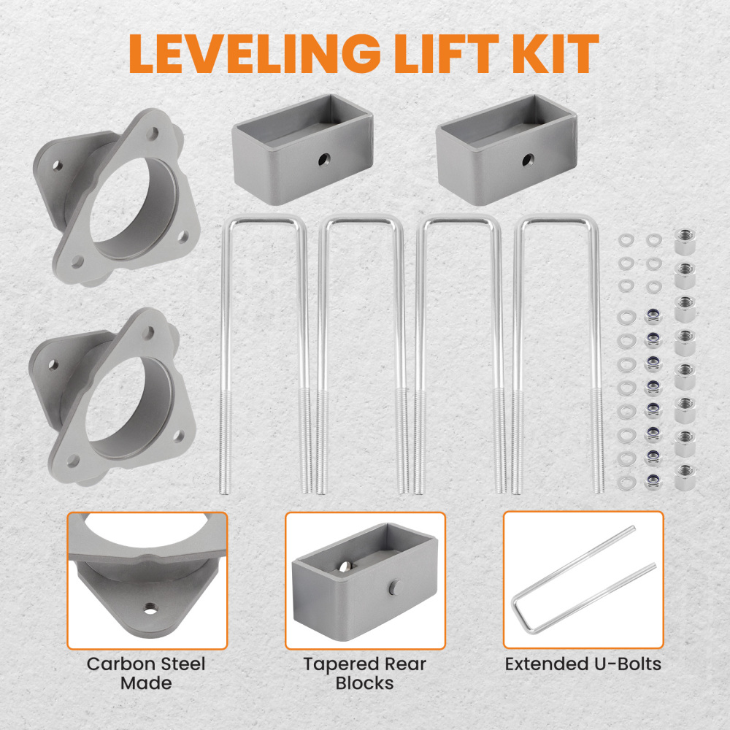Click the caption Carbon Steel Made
click(146, 673)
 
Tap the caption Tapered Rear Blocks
click(364, 673)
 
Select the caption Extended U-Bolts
click(583, 664)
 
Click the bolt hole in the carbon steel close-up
click(151, 607)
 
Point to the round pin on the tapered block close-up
click(395, 588)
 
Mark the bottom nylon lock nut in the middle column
click(653, 480)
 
